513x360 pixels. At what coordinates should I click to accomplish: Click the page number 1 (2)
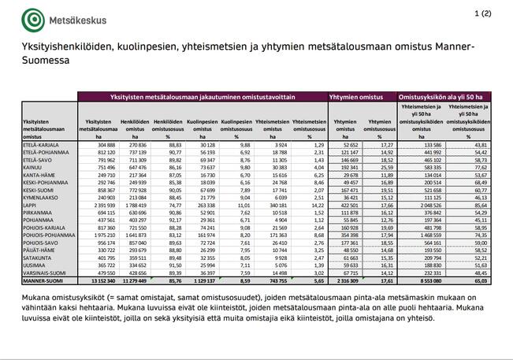[x=483, y=13]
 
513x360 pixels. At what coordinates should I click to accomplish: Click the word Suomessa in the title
[x=46, y=60]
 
